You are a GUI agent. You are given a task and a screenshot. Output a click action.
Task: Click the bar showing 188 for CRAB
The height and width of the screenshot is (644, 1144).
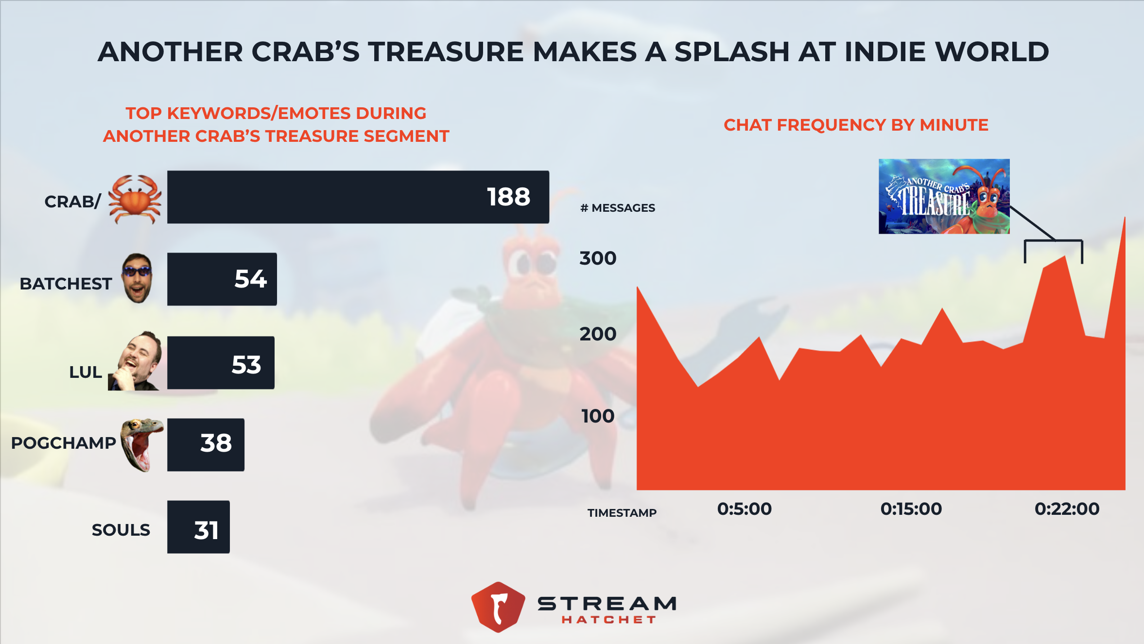(358, 197)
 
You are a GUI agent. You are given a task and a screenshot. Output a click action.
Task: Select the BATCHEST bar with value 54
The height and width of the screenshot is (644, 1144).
(222, 279)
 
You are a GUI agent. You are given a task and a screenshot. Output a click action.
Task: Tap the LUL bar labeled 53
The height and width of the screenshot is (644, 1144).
(221, 362)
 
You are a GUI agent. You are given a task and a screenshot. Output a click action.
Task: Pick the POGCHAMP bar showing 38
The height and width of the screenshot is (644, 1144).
(206, 444)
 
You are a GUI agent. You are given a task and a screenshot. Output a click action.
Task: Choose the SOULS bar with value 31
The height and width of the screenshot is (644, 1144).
(198, 527)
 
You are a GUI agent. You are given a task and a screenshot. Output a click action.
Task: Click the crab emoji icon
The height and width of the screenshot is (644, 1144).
(135, 199)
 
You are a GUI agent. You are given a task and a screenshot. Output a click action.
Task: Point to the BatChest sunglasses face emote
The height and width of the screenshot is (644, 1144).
(138, 278)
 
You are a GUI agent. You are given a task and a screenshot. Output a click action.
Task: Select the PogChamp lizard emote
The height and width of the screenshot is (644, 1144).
(141, 444)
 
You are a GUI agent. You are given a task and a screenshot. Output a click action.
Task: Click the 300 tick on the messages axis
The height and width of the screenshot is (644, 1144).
(598, 258)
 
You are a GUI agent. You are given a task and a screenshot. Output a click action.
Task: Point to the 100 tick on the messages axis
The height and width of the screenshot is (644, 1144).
(598, 416)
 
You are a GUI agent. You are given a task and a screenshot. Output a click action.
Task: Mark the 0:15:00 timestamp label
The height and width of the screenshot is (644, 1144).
(911, 509)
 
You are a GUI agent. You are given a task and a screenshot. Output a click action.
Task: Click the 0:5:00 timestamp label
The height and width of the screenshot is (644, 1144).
(744, 509)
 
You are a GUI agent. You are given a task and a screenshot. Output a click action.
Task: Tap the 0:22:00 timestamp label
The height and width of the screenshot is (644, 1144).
(1067, 509)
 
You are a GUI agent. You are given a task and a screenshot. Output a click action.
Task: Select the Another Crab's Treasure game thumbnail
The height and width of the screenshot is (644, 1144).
(944, 196)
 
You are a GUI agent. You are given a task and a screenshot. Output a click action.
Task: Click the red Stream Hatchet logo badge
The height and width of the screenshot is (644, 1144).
(498, 607)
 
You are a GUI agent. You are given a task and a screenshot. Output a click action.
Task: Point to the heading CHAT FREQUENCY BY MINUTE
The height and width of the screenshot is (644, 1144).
(856, 125)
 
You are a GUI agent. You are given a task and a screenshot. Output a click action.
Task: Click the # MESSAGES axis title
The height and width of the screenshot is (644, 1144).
(618, 208)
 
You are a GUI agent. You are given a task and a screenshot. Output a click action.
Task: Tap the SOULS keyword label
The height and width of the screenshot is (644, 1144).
(121, 530)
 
